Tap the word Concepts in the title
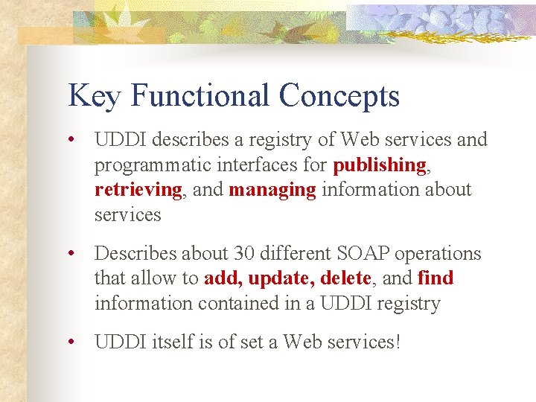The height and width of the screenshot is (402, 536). [x=339, y=97]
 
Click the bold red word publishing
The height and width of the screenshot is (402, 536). [x=380, y=165]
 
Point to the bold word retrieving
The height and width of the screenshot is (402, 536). [x=138, y=190]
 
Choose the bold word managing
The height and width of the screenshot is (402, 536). [x=272, y=190]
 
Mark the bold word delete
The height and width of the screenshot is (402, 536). [x=345, y=278]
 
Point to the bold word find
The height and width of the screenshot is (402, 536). [x=435, y=278]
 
